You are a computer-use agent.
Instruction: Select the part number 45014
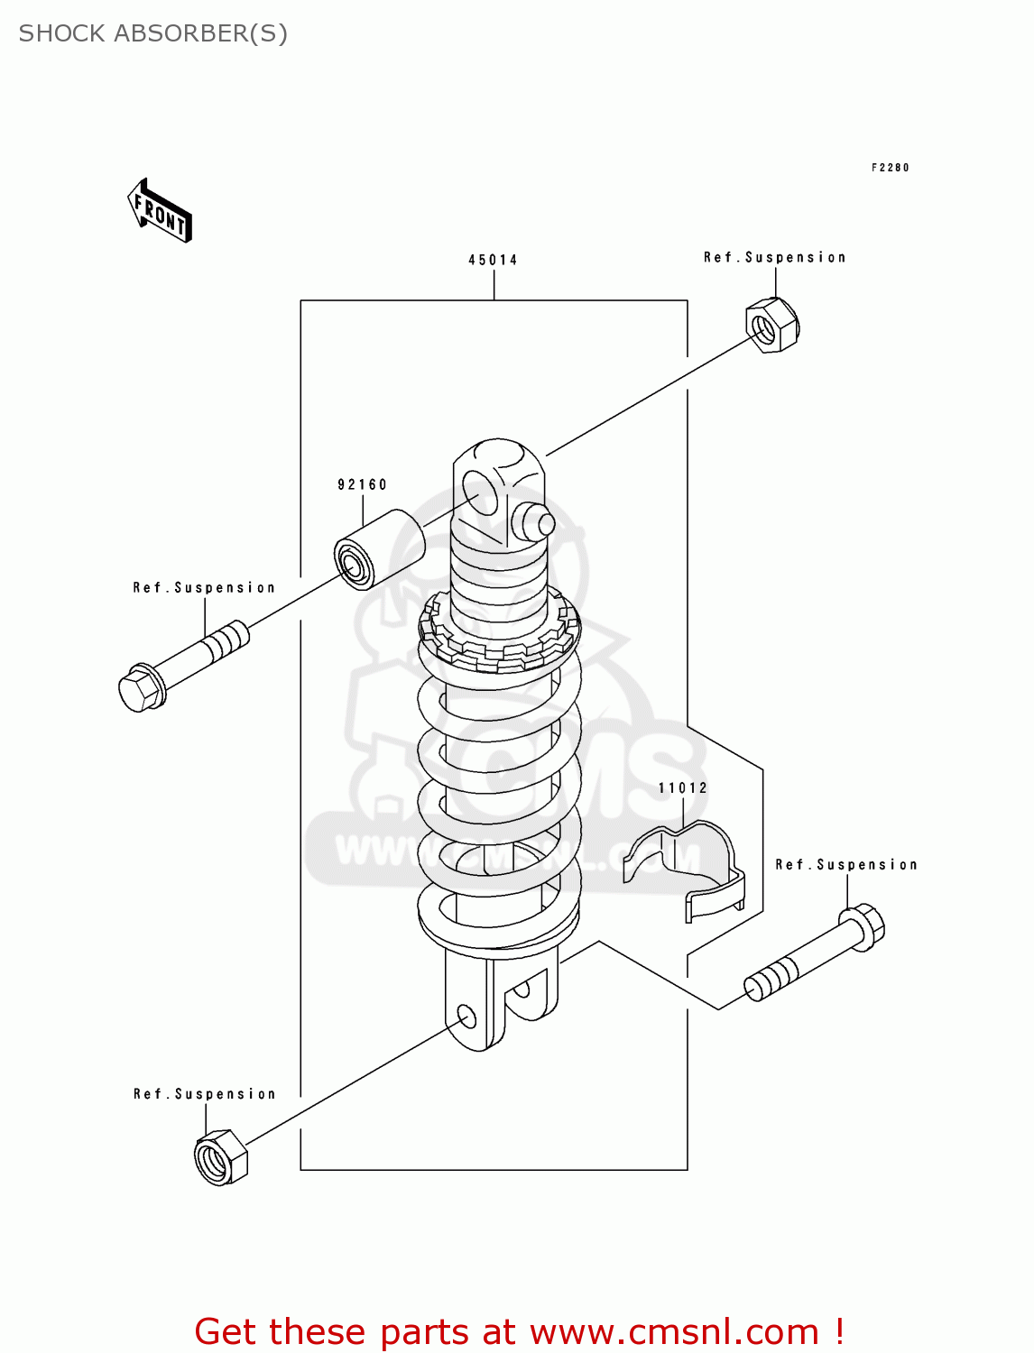click(x=493, y=260)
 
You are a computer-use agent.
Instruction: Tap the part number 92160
click(x=362, y=484)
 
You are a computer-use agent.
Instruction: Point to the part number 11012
click(x=683, y=787)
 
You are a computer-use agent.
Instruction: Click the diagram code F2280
click(x=890, y=168)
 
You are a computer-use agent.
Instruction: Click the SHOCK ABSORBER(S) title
click(x=153, y=33)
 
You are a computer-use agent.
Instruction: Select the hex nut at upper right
click(x=772, y=326)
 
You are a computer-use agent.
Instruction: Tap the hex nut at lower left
click(x=220, y=1156)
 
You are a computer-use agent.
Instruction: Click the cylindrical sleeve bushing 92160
click(x=379, y=549)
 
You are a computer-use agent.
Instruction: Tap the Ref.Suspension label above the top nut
click(x=774, y=257)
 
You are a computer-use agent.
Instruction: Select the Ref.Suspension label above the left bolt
click(x=204, y=587)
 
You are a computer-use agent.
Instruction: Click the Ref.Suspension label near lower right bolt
click(x=845, y=864)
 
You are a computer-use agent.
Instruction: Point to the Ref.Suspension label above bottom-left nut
click(x=204, y=1093)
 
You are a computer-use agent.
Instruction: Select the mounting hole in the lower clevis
click(x=466, y=1017)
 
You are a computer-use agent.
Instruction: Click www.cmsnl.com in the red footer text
click(x=673, y=1331)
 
